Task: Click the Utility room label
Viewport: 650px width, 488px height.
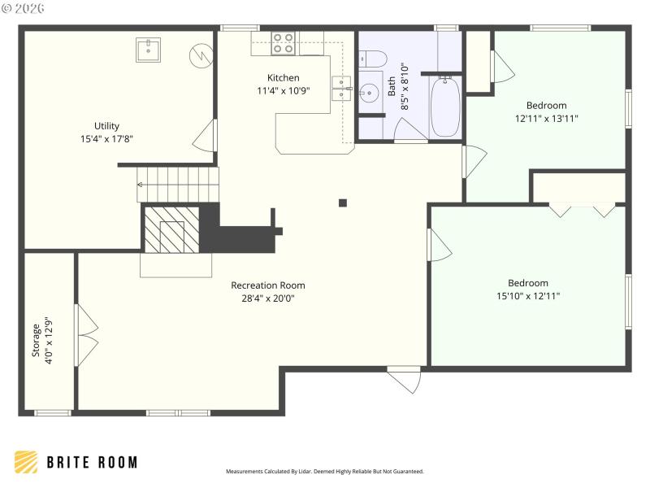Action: (106, 126)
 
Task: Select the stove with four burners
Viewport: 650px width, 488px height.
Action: (283, 42)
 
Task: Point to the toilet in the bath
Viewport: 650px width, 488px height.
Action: (375, 59)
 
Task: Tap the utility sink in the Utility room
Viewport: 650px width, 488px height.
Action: (148, 50)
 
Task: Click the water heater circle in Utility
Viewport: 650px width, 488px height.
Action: (200, 55)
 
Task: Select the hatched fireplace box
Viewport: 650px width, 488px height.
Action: (171, 229)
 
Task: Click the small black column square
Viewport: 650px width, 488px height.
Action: (343, 203)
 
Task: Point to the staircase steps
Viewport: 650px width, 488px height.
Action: (177, 185)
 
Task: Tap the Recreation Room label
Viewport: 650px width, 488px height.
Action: (268, 285)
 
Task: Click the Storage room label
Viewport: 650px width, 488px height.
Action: (36, 340)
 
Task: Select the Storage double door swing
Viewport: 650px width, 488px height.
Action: (86, 335)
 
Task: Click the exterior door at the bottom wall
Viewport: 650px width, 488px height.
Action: (404, 378)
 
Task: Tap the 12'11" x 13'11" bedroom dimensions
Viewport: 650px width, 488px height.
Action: (546, 118)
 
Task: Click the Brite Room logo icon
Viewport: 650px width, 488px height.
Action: (26, 462)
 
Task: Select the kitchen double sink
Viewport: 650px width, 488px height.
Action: (342, 88)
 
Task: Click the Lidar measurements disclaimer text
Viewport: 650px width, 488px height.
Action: (324, 472)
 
